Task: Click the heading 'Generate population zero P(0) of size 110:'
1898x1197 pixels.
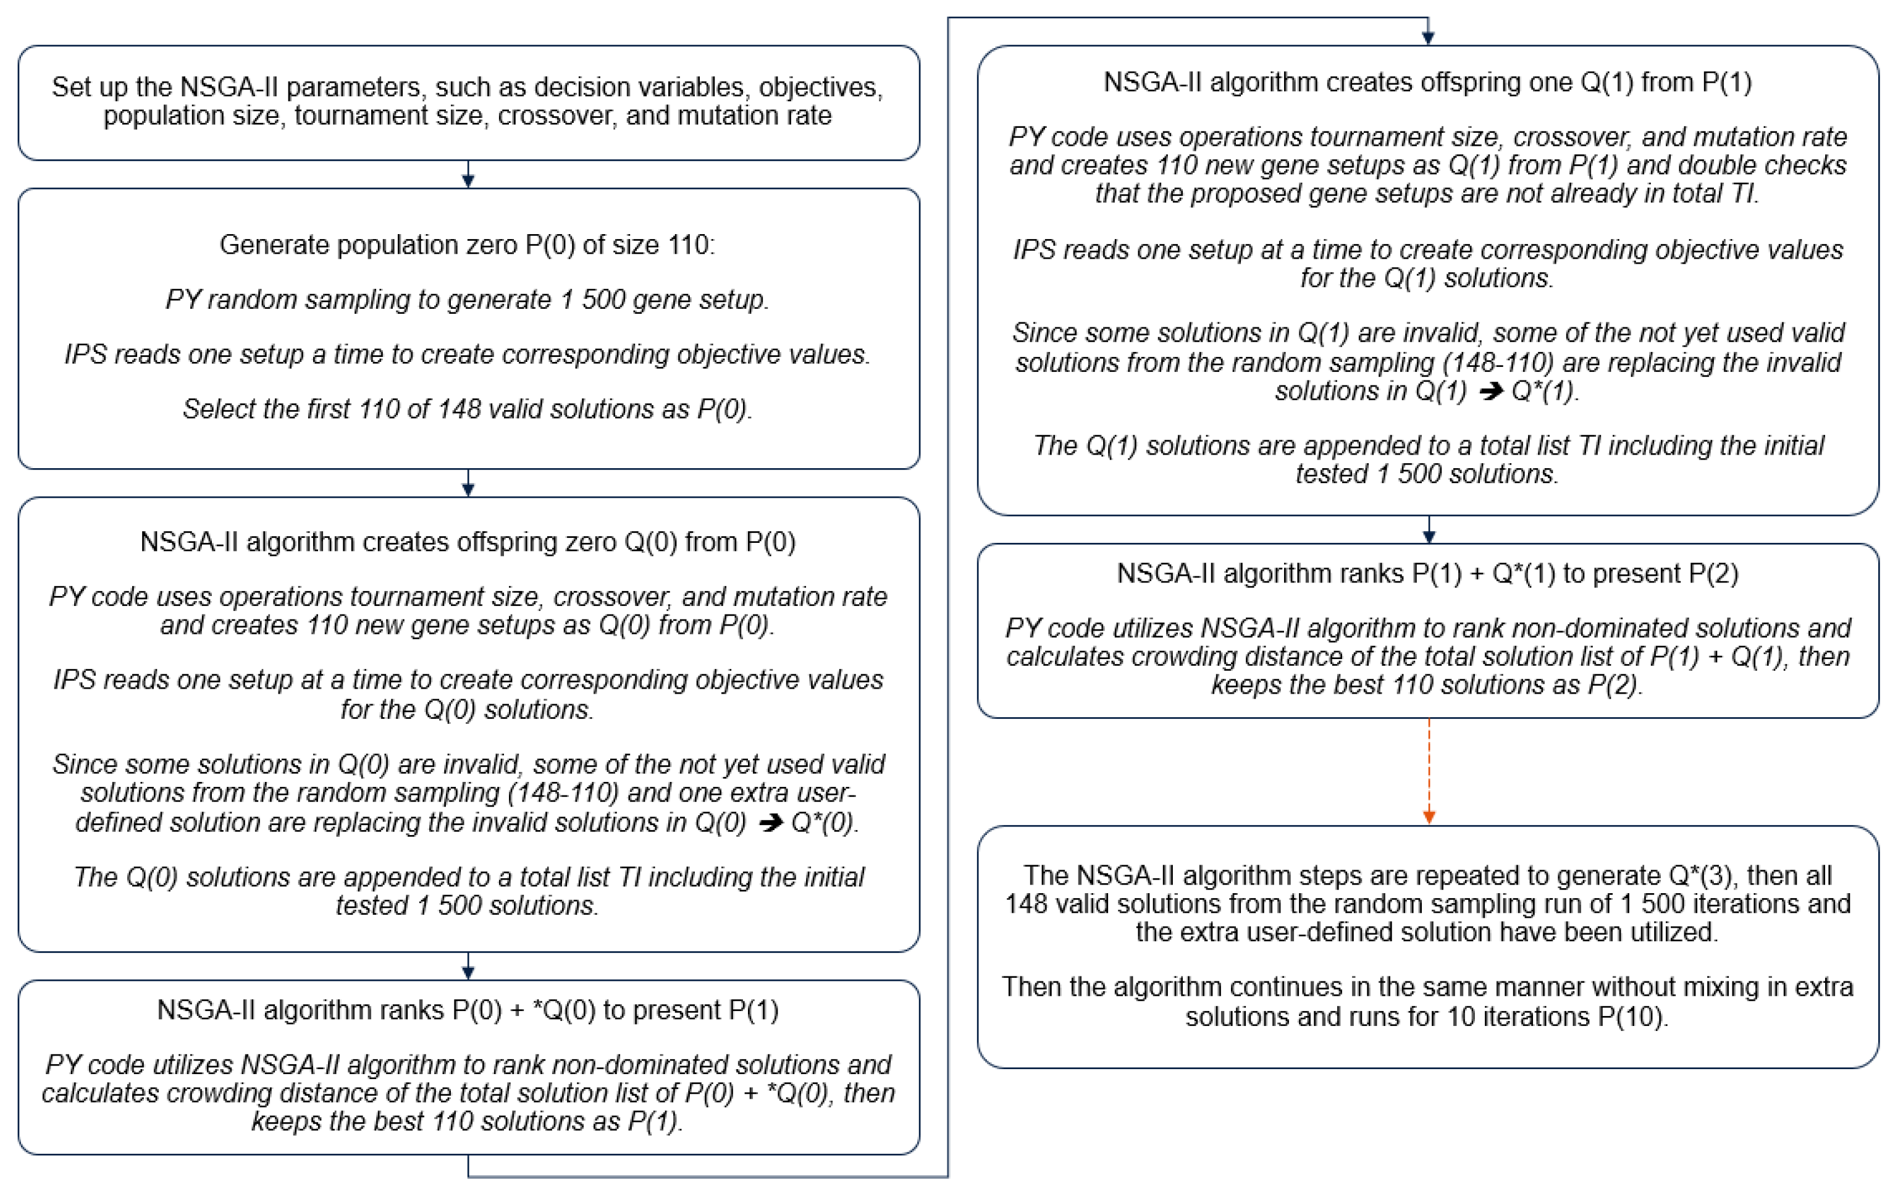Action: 468,245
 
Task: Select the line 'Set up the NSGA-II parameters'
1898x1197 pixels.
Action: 468,86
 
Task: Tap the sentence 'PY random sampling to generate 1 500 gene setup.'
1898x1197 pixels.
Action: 468,300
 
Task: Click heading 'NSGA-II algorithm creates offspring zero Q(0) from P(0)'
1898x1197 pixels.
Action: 468,542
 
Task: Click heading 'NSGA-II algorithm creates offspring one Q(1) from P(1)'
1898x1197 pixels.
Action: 1427,82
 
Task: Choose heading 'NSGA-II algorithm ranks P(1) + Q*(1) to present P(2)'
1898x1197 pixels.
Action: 1427,573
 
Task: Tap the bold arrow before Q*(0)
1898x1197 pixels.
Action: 770,823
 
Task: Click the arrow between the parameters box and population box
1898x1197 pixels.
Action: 468,175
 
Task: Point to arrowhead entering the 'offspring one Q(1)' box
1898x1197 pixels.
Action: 1428,36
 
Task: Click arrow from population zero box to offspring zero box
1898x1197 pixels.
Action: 468,484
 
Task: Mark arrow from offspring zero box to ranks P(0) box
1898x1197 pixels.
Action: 468,967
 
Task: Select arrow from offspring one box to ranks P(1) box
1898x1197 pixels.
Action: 1428,531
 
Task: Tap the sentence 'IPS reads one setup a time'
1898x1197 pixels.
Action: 468,355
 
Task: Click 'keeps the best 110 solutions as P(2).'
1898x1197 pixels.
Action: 1427,684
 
